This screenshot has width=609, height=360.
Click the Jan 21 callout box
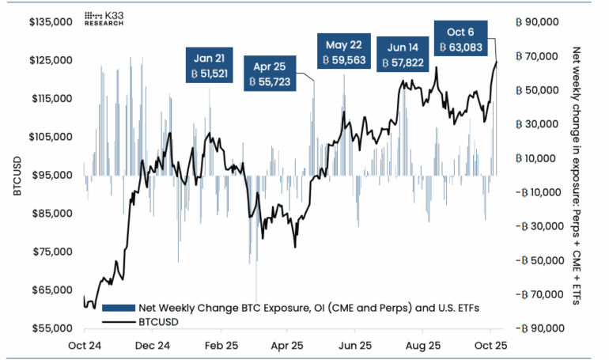click(x=210, y=66)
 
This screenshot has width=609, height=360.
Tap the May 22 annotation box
click(x=343, y=53)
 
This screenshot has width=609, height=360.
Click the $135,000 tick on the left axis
click(x=51, y=22)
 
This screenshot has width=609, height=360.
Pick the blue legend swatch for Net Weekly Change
click(x=117, y=308)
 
